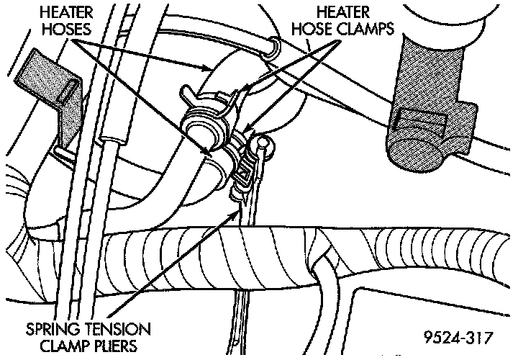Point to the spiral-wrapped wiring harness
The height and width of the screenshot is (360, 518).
pos(216,256)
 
